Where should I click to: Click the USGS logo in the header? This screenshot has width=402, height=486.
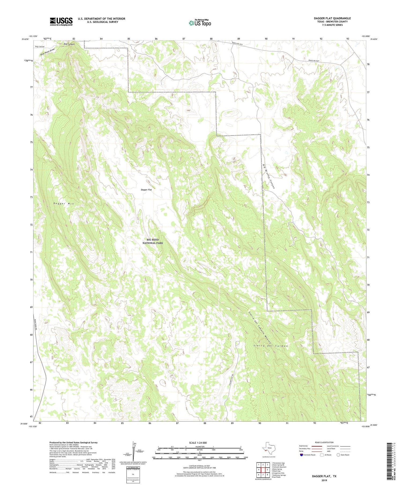point(61,21)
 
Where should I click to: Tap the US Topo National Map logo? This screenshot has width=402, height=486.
point(200,23)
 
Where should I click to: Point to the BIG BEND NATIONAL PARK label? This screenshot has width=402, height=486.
point(152,241)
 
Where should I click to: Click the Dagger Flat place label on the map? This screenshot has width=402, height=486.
point(146,190)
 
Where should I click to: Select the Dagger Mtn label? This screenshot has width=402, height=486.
point(64,203)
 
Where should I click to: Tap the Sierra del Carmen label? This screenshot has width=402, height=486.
point(270,346)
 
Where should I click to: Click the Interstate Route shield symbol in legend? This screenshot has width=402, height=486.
point(301,455)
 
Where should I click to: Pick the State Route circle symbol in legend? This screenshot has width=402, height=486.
point(338,455)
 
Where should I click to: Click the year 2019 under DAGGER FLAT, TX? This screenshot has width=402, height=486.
point(324,481)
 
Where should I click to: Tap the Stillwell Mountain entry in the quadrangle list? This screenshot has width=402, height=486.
point(279,467)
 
